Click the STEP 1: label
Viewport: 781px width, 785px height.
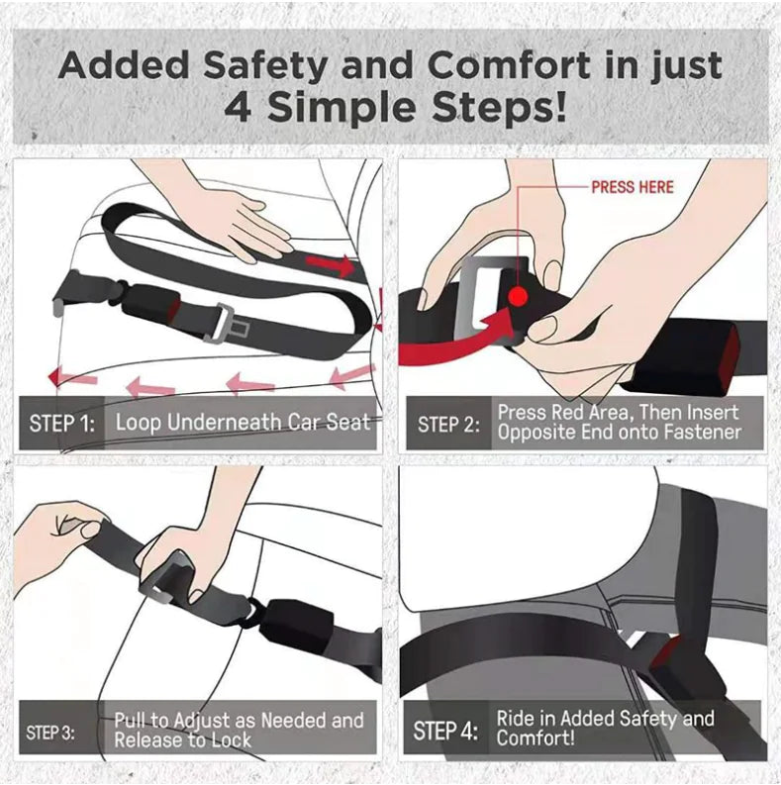coord(62,424)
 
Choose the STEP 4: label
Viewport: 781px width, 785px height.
coord(444,731)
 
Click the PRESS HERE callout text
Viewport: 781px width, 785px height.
coord(632,187)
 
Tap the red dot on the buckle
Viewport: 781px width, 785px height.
coord(517,297)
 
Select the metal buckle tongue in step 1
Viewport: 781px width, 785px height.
coord(226,322)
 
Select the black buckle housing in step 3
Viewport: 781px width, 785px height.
coord(296,628)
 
